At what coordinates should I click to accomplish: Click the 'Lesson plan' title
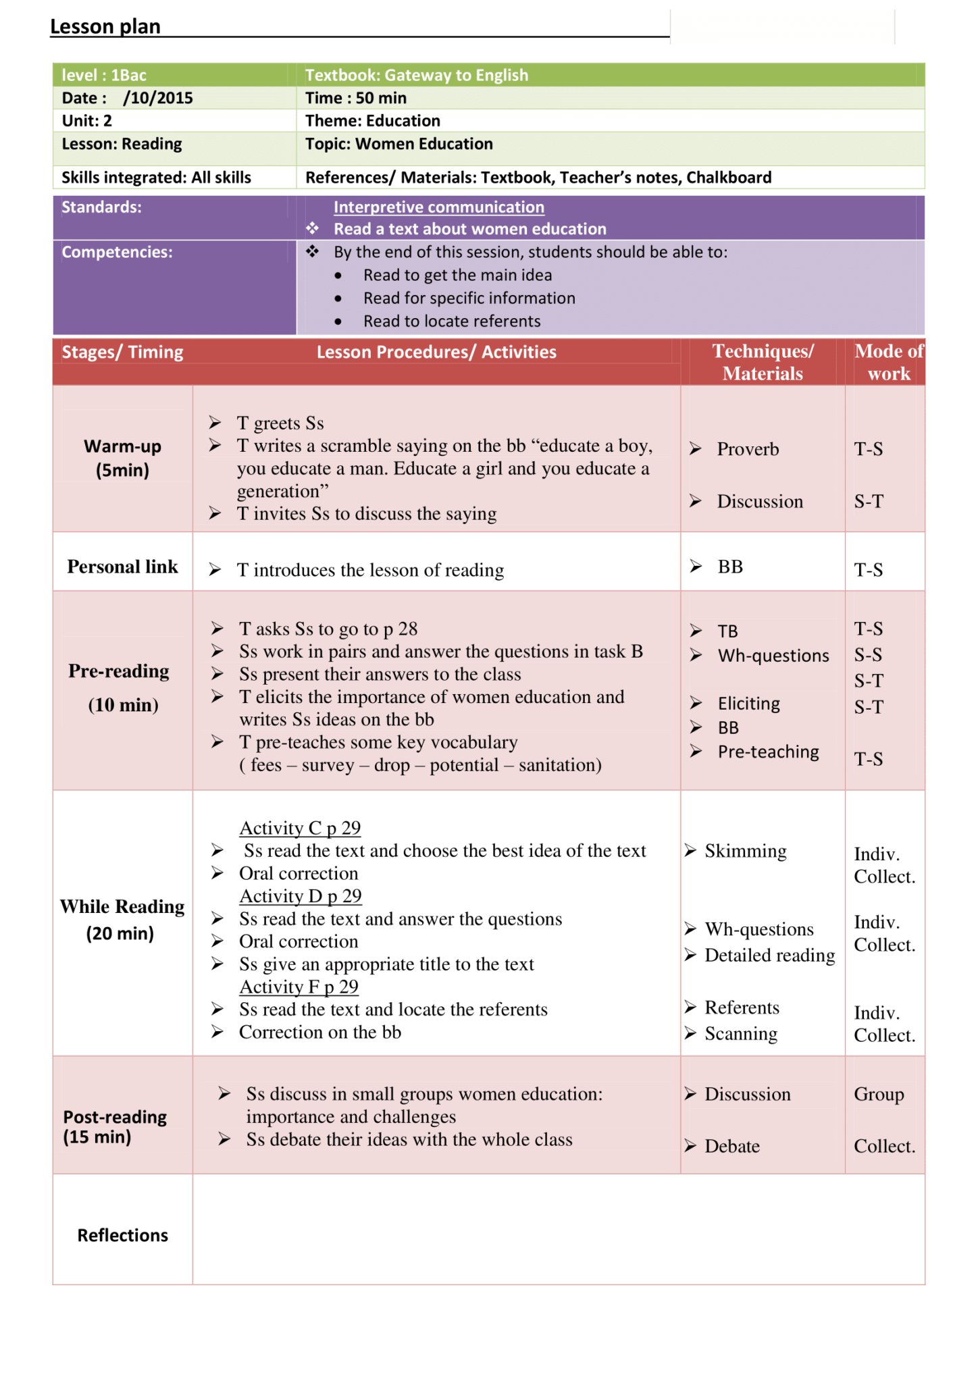[105, 26]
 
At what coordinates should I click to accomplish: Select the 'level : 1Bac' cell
[104, 75]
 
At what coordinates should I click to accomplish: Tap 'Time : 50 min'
[355, 98]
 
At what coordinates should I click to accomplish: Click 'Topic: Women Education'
[398, 144]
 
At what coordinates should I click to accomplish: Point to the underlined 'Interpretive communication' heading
[438, 207]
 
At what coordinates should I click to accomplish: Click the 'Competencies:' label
[117, 252]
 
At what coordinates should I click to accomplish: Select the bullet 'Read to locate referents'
[451, 321]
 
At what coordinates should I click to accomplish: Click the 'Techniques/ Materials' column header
[763, 362]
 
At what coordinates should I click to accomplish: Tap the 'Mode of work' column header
[888, 362]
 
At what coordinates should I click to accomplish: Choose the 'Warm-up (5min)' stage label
[122, 458]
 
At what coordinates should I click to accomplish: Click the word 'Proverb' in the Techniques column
[747, 449]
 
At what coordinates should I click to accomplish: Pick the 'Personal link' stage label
[122, 567]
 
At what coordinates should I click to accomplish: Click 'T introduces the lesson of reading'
[370, 570]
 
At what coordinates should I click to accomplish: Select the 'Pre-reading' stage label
[119, 671]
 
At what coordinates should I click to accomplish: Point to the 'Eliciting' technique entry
[748, 704]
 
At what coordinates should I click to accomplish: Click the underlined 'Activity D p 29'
[300, 896]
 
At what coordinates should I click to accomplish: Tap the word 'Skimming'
[745, 851]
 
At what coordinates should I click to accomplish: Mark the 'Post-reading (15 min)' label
[114, 1126]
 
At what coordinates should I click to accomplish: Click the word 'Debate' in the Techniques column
[731, 1146]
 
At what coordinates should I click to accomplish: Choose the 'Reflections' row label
[122, 1235]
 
